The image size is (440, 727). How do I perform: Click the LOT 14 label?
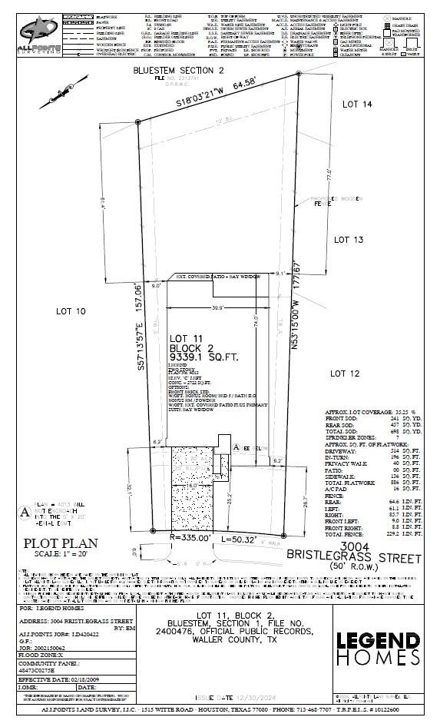pos(357,104)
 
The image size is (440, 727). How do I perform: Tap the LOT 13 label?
pos(348,240)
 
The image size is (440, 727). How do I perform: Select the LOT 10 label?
pos(71,312)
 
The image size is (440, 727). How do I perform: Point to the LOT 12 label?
pos(345,373)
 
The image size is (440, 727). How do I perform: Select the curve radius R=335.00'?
pos(188,538)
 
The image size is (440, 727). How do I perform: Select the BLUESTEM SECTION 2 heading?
pos(178,69)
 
